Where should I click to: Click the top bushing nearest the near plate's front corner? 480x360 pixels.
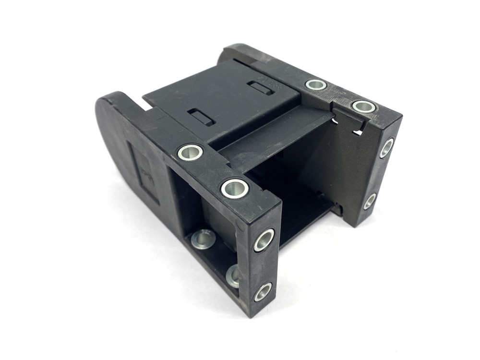[235, 188]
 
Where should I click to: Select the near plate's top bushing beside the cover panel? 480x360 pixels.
[190, 152]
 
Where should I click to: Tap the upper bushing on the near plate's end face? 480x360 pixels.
[264, 240]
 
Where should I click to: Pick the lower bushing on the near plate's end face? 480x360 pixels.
[263, 291]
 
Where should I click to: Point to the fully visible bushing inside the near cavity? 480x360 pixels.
[203, 239]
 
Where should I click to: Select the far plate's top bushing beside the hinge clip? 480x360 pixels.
[363, 106]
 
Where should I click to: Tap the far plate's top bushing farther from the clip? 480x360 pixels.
[316, 85]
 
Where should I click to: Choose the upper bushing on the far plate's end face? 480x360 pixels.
[386, 147]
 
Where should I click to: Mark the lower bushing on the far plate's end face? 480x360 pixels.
[370, 201]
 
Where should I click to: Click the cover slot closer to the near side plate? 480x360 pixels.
[201, 117]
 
